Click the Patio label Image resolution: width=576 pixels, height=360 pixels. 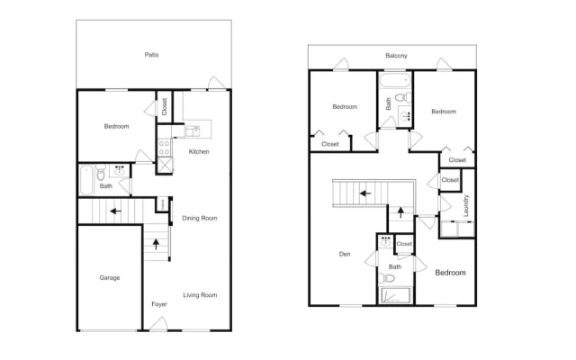(151, 55)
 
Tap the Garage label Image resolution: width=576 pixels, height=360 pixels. (110, 278)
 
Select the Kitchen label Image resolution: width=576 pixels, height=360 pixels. (199, 151)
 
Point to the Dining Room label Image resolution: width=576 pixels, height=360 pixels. (200, 218)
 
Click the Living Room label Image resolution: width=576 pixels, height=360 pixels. (200, 294)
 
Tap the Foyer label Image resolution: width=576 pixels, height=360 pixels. (159, 304)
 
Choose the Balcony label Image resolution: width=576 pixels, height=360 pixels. (396, 56)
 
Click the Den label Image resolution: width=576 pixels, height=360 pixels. (345, 254)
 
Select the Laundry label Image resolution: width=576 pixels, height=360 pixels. (466, 206)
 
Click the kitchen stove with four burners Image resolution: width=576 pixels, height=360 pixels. (164, 148)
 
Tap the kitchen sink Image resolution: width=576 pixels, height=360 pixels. (193, 131)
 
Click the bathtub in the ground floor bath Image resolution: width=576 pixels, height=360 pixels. (86, 180)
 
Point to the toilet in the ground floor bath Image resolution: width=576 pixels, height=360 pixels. (100, 172)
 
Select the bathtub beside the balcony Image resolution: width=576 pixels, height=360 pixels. (394, 80)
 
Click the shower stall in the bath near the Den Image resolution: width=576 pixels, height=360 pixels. (394, 296)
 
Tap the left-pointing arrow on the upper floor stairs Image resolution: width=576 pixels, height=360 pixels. (364, 193)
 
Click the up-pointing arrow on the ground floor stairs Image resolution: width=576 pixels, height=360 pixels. (156, 244)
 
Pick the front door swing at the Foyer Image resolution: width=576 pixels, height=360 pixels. (158, 323)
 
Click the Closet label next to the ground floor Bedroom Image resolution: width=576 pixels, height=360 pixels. (164, 106)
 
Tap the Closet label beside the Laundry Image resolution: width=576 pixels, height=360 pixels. (450, 180)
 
